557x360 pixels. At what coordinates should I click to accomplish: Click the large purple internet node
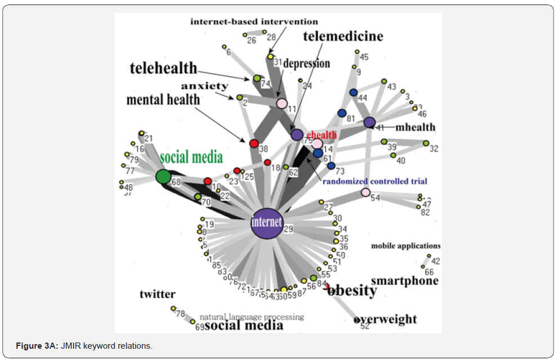coord(267,222)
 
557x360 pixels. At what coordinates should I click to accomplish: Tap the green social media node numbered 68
coord(163,177)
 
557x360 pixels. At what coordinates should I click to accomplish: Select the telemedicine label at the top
coord(343,37)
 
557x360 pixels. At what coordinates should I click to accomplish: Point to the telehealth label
coord(163,69)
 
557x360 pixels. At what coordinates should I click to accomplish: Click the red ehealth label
coord(321,135)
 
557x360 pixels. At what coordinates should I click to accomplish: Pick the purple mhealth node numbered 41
coord(369,122)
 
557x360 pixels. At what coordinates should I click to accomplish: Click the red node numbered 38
coord(254,143)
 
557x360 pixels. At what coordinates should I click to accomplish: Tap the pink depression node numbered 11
coord(281,103)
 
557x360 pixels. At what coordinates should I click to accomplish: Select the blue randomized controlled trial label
coord(374,182)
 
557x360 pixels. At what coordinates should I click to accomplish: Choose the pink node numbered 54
coord(365,192)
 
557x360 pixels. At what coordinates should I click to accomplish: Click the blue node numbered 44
coord(353,93)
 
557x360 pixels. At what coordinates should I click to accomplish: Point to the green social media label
coord(191,157)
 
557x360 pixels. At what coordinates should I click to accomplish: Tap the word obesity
coord(352,291)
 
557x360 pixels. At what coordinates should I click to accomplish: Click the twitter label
coord(157,294)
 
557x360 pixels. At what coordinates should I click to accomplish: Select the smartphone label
coord(404,281)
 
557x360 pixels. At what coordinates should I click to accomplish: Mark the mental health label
coord(163,100)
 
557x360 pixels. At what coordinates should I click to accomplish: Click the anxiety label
coord(205,86)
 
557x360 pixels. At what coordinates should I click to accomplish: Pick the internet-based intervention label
coord(254,22)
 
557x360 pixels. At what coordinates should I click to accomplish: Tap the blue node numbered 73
coord(331,166)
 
